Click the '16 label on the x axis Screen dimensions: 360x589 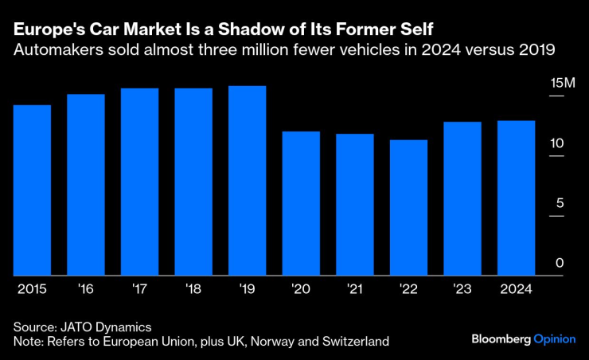point(86,288)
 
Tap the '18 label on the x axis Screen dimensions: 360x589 point(193,288)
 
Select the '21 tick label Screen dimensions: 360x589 point(355,288)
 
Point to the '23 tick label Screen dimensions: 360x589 point(462,288)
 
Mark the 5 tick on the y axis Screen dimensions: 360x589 point(560,203)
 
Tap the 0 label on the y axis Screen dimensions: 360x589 point(560,263)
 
